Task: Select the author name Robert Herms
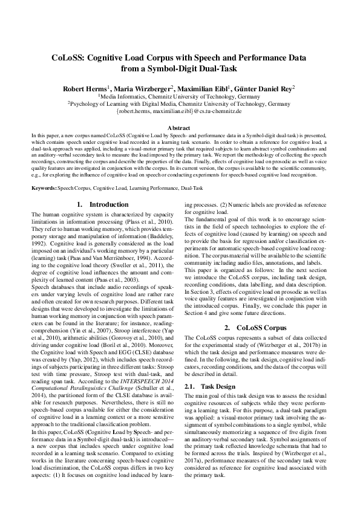coord(85,88)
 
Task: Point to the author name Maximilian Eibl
coord(206,88)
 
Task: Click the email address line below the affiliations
coord(179,112)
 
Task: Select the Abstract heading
coord(179,129)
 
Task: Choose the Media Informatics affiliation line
coord(179,96)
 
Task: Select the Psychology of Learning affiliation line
coord(179,104)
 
